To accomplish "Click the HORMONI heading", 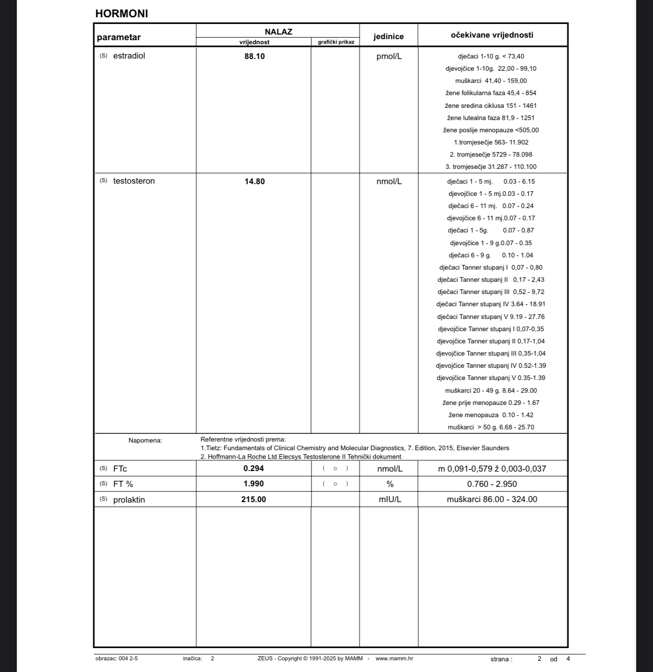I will (x=122, y=14).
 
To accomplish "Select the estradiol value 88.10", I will (x=254, y=56).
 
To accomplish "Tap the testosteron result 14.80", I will (x=254, y=182).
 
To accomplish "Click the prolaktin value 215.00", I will (x=253, y=500).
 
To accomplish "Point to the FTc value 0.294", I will (x=253, y=469).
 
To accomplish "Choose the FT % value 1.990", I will (x=253, y=484).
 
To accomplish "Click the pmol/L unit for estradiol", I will (x=389, y=56).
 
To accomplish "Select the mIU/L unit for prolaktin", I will (x=390, y=500).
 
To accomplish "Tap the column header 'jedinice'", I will (x=389, y=37).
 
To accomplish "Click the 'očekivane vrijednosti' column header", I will (x=492, y=35).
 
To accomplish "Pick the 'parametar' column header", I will (x=118, y=37).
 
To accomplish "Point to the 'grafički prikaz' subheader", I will (x=336, y=42).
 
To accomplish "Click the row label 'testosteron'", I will (x=134, y=181).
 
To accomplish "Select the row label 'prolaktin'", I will (x=129, y=500).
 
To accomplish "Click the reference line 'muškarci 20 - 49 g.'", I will (x=491, y=391).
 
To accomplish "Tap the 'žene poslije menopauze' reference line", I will (x=491, y=130).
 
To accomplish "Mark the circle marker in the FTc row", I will (x=335, y=469).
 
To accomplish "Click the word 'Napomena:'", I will (x=145, y=441).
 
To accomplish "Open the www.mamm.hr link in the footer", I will (x=394, y=658).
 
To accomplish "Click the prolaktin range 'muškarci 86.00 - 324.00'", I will (x=492, y=500).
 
